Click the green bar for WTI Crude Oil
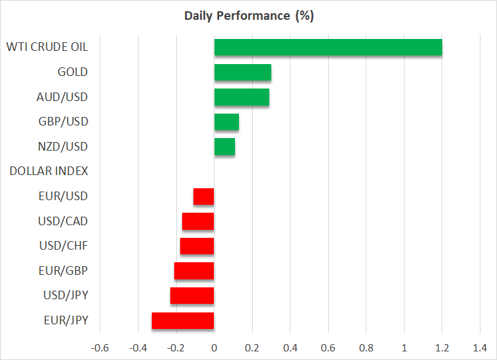click(x=328, y=48)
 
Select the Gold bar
click(x=242, y=72)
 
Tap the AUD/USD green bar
click(x=242, y=97)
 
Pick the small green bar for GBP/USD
click(x=226, y=122)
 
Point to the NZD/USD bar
click(x=224, y=147)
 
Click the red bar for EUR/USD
click(x=203, y=196)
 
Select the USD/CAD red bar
click(x=198, y=221)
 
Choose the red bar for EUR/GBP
click(x=194, y=271)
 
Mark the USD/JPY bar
click(x=192, y=295)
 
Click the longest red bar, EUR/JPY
click(x=183, y=320)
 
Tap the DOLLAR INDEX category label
click(x=49, y=171)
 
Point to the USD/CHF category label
click(x=63, y=246)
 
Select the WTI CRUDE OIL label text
click(x=47, y=47)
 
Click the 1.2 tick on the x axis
click(x=442, y=347)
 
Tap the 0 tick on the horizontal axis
click(x=214, y=347)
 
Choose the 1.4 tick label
click(x=480, y=347)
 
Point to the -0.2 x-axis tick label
click(x=175, y=347)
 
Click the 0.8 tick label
click(x=366, y=347)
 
